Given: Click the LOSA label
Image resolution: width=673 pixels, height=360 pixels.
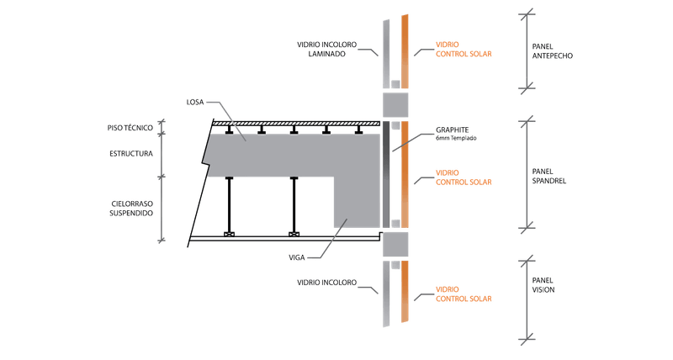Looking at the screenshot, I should coord(193,103).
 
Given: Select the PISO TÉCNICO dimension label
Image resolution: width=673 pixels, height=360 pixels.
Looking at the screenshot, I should coord(131,128).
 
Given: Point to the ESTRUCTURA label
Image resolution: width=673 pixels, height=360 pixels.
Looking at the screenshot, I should coord(130,155).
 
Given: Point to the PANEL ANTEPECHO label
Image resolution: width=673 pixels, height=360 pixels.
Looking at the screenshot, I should coord(553,50).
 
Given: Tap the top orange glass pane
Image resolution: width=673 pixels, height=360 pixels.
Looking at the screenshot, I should coord(405,50).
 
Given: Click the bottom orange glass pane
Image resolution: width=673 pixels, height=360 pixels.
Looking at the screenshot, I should coord(405,292).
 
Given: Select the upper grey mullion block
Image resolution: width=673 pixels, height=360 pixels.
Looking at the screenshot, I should coord(395,105).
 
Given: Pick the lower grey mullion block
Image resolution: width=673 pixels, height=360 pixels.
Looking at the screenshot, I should coord(395,245).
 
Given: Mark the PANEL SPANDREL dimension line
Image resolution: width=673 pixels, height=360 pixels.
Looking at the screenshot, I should coord(527,172).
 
